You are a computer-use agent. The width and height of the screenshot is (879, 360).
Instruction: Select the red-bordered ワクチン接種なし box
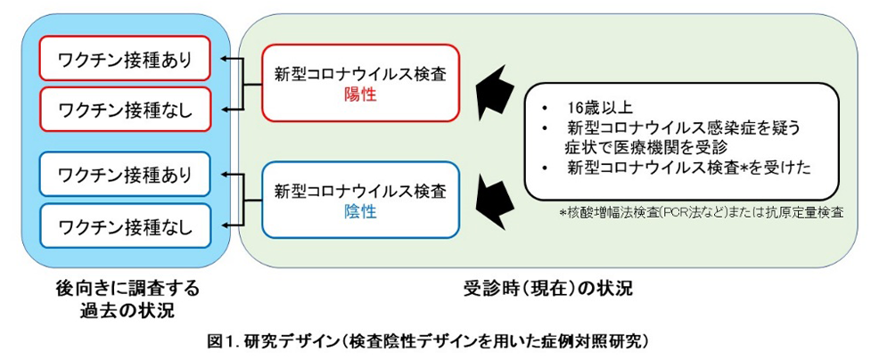pyautogui.click(x=125, y=110)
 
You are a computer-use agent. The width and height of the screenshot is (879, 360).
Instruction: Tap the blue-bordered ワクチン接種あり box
pyautogui.click(x=125, y=176)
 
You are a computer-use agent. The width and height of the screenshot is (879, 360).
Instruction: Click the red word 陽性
pyautogui.click(x=360, y=94)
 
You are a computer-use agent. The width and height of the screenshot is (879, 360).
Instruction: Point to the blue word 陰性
pyautogui.click(x=360, y=211)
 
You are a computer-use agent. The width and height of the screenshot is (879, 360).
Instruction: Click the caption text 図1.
pyautogui.click(x=220, y=340)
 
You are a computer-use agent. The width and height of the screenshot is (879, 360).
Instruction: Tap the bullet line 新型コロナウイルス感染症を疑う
pyautogui.click(x=682, y=127)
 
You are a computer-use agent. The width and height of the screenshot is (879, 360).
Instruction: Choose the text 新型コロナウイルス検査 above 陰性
pyautogui.click(x=360, y=191)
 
